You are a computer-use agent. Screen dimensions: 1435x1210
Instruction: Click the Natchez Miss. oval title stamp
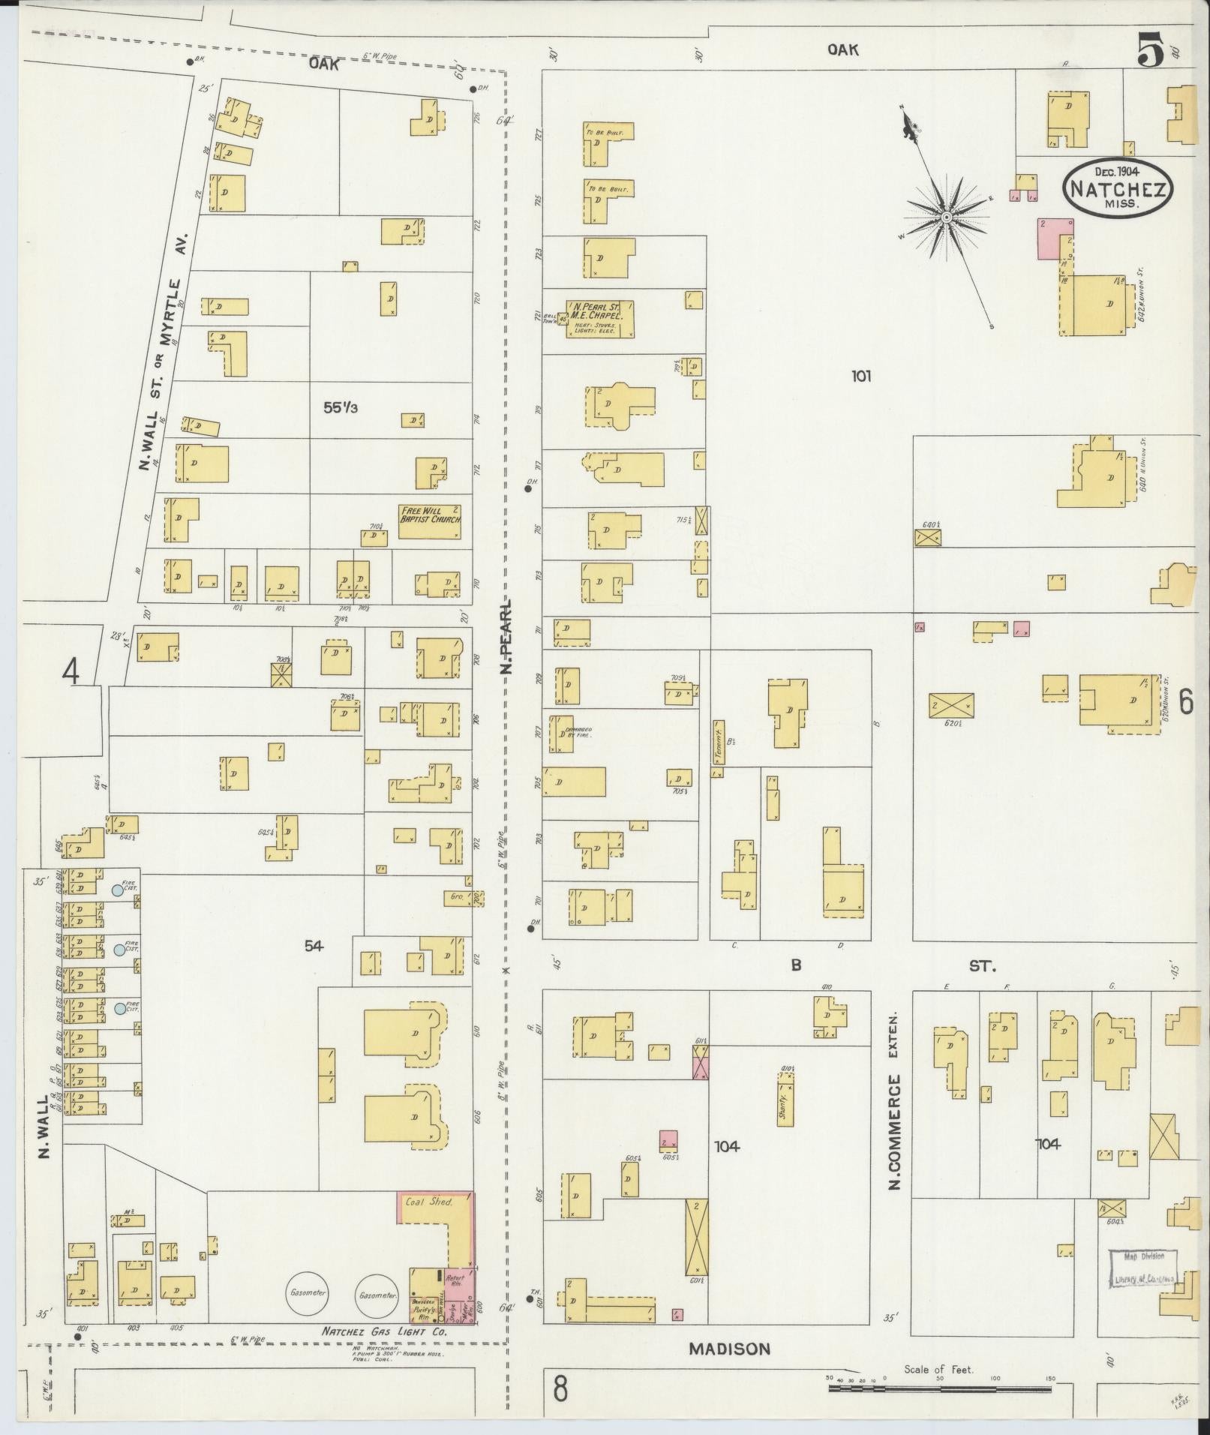coord(1117,188)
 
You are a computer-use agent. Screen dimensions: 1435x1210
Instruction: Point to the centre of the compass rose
coord(947,218)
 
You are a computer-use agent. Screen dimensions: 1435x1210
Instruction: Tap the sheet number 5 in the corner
coord(1150,52)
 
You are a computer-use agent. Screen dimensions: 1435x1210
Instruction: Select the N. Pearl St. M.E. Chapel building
coord(600,317)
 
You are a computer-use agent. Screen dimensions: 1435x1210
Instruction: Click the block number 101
coord(860,376)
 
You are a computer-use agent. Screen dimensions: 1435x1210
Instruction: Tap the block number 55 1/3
coord(341,408)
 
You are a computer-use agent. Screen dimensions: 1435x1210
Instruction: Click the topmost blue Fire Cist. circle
coord(117,890)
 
